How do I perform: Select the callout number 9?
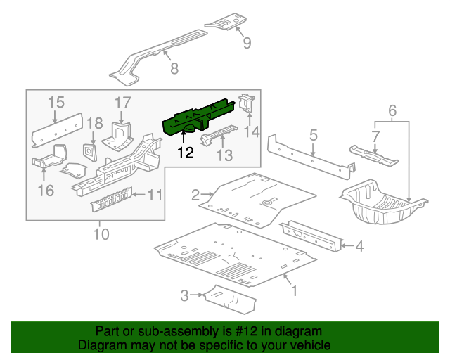(246, 44)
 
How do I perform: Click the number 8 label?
(174, 68)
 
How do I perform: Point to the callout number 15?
(56, 103)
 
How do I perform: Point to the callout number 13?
(224, 155)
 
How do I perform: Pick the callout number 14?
(252, 131)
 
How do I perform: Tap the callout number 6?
(392, 110)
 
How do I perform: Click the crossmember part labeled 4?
(310, 234)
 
